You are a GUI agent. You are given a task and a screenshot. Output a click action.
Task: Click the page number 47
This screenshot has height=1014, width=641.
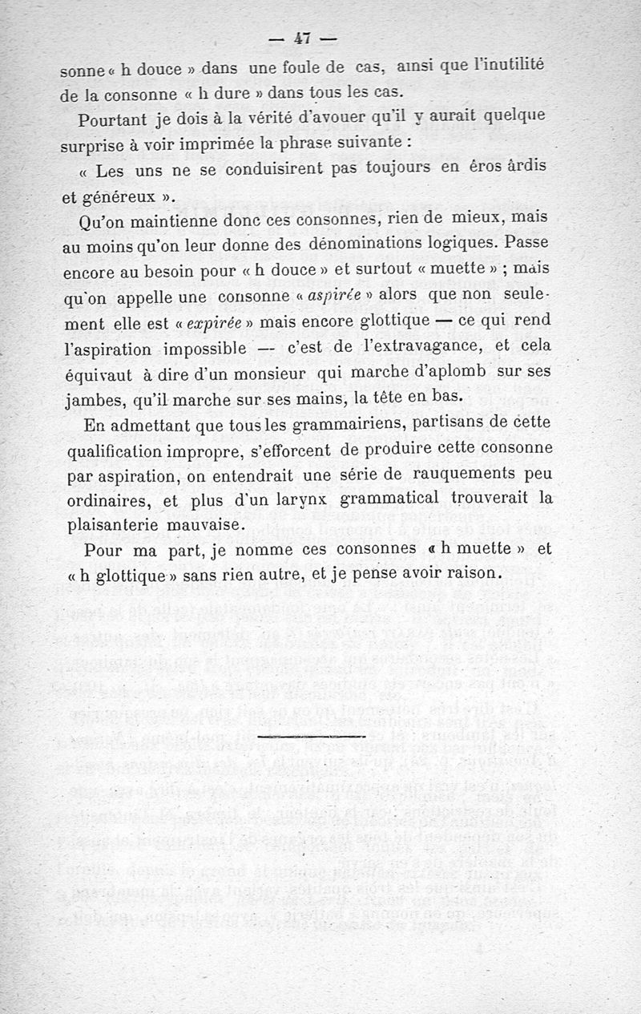pos(302,37)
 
